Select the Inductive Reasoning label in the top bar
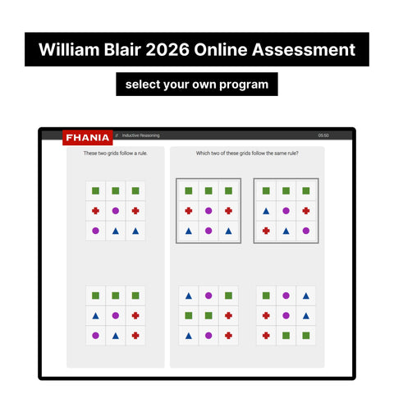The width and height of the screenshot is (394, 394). [141, 135]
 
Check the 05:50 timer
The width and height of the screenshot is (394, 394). [323, 135]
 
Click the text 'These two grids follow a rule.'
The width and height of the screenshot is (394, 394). [116, 153]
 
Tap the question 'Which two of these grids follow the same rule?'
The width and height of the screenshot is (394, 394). [247, 153]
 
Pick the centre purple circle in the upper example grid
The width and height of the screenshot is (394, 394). [116, 211]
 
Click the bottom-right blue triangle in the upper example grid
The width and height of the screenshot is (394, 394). [135, 231]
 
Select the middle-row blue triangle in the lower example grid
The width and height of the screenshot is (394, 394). [96, 315]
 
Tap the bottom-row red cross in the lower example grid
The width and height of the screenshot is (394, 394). [135, 335]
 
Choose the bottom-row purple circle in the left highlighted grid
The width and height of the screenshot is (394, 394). [208, 231]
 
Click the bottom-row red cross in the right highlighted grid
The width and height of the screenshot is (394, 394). [266, 231]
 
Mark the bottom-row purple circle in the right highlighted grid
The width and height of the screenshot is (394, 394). [305, 231]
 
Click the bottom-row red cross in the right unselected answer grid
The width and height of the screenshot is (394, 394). [266, 335]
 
